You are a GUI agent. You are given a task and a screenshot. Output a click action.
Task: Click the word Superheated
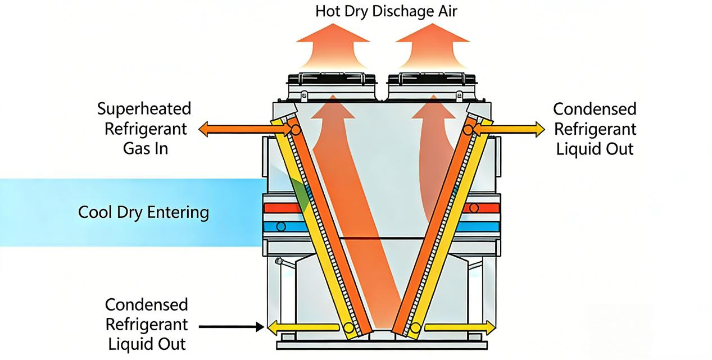pos(144,109)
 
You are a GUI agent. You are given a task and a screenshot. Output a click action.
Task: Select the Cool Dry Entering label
pos(143,212)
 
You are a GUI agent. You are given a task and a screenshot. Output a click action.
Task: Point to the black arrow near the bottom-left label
pos(232,326)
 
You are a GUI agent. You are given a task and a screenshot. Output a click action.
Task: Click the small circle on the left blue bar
pos(281,227)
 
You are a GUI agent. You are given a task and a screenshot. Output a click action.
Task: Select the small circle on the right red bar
pos(474,208)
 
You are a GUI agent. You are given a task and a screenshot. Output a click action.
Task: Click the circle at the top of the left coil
pos(296,130)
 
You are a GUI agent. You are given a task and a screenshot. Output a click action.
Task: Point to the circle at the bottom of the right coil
pos(415,327)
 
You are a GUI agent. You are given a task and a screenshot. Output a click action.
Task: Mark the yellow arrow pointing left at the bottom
pos(303,326)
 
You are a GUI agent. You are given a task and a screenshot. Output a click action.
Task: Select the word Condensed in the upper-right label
pos(595,109)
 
